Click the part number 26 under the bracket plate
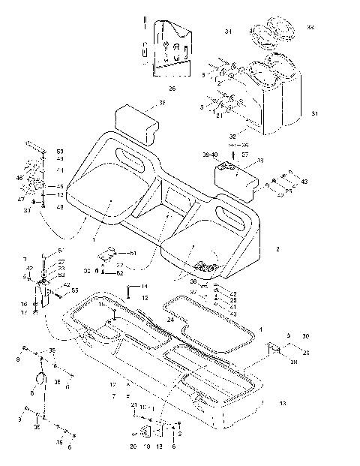point(172,89)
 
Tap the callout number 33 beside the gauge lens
point(310,27)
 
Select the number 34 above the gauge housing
point(227,31)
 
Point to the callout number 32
point(232,136)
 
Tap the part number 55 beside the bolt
point(74,290)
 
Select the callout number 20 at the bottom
point(133,446)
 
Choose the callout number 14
point(145,287)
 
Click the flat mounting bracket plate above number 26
point(171,47)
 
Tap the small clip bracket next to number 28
point(274,349)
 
